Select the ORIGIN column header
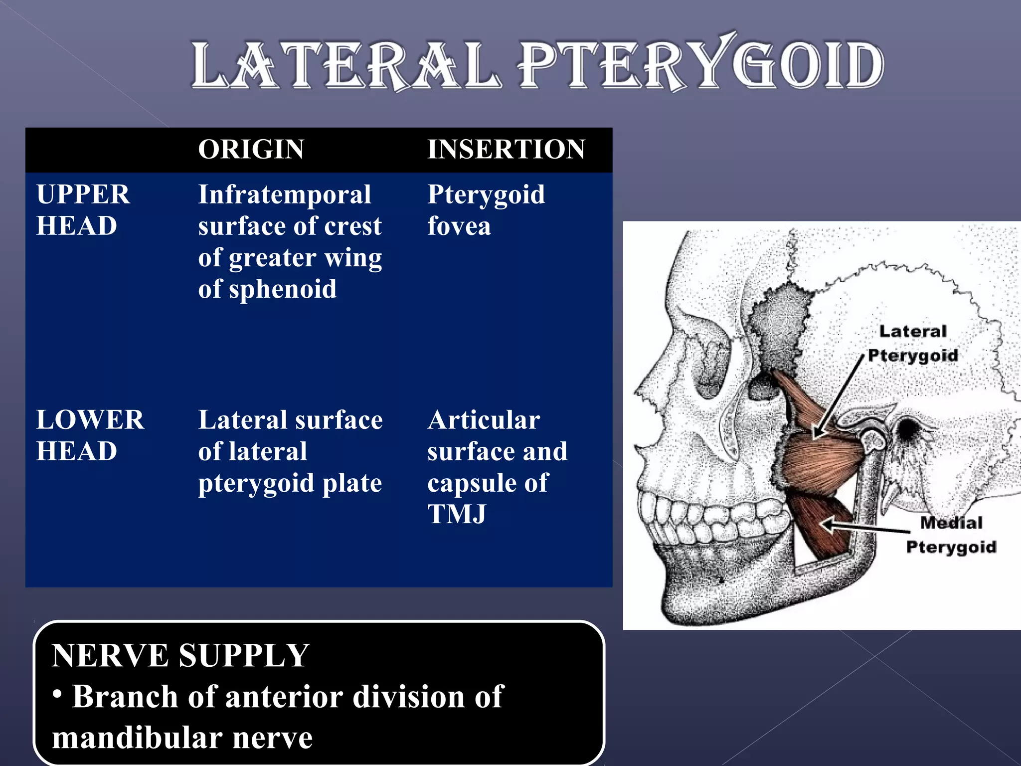[251, 149]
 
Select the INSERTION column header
[506, 149]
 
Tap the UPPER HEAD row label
[83, 210]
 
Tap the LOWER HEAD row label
[90, 435]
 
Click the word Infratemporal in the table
[284, 194]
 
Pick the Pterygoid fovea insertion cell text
[486, 210]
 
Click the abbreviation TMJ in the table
[457, 514]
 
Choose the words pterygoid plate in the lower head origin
[290, 483]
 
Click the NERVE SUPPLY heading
[180, 655]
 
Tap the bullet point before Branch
[58, 694]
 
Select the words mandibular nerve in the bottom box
[182, 738]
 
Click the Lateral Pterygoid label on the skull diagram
[912, 343]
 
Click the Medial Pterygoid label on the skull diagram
[951, 535]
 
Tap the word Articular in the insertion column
[484, 420]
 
